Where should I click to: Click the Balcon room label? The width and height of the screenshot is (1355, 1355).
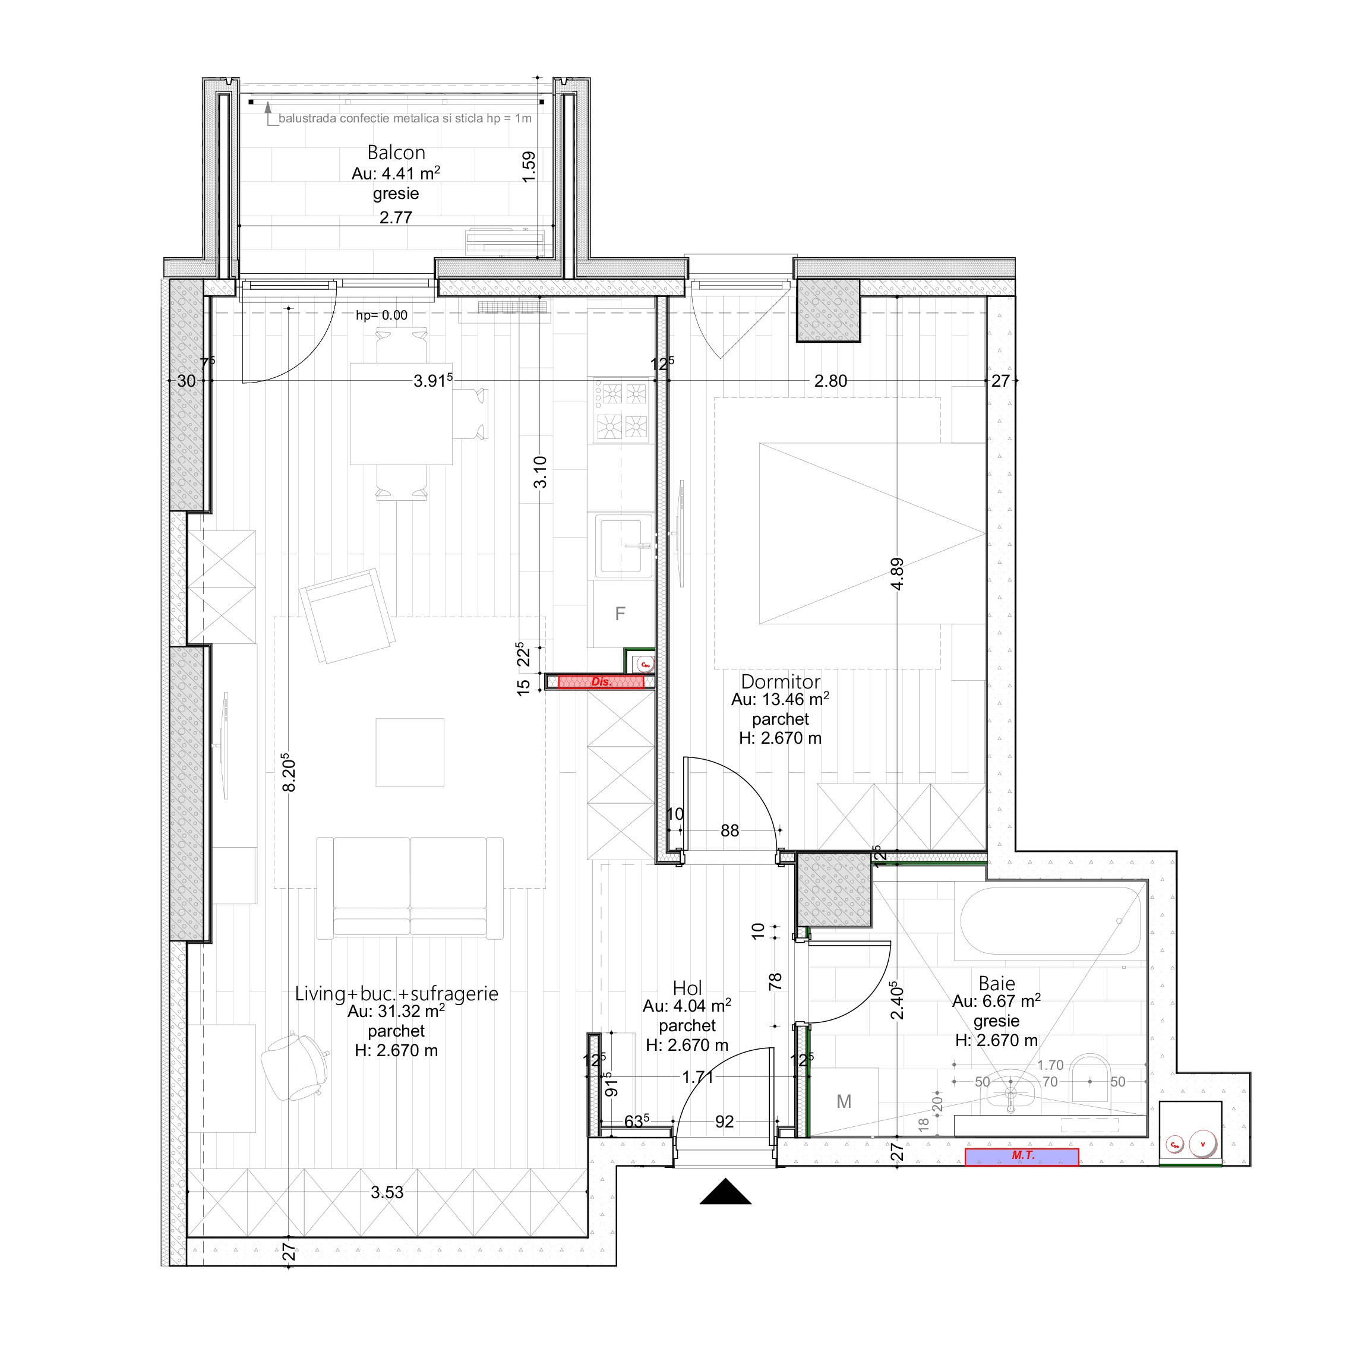pyautogui.click(x=396, y=152)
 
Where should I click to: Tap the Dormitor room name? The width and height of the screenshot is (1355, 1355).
pyautogui.click(x=780, y=681)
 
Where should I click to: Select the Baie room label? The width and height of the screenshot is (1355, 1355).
pyautogui.click(x=997, y=983)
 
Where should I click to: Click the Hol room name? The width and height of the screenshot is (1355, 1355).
pyautogui.click(x=687, y=988)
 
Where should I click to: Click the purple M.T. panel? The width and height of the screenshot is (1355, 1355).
pyautogui.click(x=1021, y=1157)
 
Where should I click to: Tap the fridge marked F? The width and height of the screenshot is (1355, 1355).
pyautogui.click(x=620, y=614)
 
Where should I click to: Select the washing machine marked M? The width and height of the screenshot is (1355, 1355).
pyautogui.click(x=844, y=1102)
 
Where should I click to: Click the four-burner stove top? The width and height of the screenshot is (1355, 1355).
pyautogui.click(x=622, y=410)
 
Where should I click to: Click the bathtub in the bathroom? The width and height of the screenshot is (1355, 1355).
pyautogui.click(x=1049, y=921)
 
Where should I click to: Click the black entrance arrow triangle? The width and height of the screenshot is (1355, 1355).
pyautogui.click(x=725, y=1193)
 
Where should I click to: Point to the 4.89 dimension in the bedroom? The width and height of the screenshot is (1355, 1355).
pyautogui.click(x=897, y=574)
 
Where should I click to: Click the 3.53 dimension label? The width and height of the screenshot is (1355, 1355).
pyautogui.click(x=387, y=1192)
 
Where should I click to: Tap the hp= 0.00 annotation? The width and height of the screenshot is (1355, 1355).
pyautogui.click(x=381, y=315)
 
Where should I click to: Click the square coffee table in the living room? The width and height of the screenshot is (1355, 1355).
pyautogui.click(x=409, y=752)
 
